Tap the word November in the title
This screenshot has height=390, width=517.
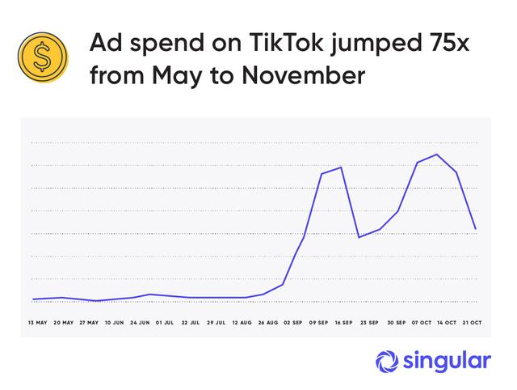pos(310,77)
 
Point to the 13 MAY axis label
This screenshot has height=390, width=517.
pos(37,322)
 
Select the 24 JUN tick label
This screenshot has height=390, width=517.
pos(139,322)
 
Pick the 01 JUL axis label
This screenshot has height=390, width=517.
pos(165,322)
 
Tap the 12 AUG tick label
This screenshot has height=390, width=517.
pos(241,322)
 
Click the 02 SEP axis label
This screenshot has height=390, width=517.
pos(292,322)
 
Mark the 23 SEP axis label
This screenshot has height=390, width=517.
pos(368,322)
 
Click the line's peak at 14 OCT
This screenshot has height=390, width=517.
pos(437,155)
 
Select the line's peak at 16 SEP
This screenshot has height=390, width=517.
pos(342,167)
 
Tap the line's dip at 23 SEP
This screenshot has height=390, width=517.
pos(359,237)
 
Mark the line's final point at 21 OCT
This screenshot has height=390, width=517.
pos(476,229)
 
